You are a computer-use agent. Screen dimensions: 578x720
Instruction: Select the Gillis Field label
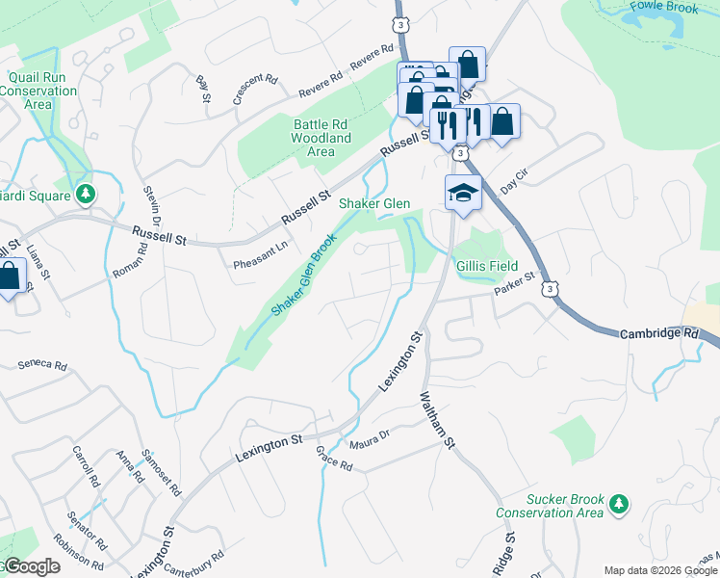[x=487, y=266]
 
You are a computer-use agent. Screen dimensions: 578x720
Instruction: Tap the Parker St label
[x=514, y=283]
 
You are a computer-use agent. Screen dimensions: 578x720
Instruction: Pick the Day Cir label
[x=515, y=177]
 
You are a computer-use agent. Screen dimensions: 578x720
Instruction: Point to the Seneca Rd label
[x=43, y=366]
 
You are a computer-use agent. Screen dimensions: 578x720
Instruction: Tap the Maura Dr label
[x=370, y=438]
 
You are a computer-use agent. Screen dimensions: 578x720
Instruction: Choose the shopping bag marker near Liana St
[x=10, y=277]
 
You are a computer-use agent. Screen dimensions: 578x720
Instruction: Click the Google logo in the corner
[x=31, y=566]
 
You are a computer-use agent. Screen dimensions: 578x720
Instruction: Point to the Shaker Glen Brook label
[x=304, y=275]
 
